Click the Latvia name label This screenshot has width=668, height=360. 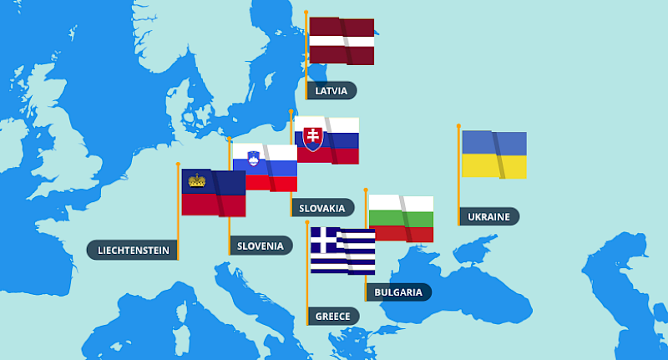(332, 90)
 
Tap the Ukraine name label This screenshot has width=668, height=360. (489, 216)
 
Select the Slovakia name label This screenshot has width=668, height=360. (322, 207)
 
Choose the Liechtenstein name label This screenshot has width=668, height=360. (134, 250)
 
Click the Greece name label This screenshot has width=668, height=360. (332, 316)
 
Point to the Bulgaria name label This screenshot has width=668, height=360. (398, 292)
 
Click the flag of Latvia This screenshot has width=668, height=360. (341, 41)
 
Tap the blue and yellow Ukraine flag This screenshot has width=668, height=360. (493, 154)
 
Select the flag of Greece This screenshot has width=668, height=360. (342, 251)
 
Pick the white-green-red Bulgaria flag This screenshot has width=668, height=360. (401, 218)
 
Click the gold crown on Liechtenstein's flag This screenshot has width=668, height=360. (197, 180)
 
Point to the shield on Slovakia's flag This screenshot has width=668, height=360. (312, 137)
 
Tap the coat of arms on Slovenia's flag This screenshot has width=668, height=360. (253, 157)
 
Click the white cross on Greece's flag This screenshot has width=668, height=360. (325, 241)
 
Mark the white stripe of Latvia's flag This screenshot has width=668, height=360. (341, 40)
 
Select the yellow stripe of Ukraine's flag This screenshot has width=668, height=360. (493, 165)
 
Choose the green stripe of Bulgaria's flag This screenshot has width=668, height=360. (401, 218)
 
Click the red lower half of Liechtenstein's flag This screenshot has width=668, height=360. (213, 205)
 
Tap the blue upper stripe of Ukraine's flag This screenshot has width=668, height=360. (493, 143)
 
